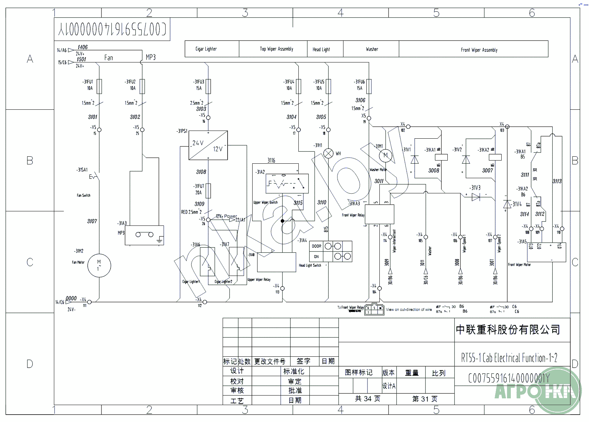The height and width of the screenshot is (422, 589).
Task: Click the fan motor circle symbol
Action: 99,265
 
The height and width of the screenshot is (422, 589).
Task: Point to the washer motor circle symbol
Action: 385,155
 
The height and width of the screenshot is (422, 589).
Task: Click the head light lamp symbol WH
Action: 328,153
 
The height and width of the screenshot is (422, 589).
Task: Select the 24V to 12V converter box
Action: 208,145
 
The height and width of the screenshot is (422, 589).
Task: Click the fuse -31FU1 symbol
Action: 99,86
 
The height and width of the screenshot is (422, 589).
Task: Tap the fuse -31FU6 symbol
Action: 369,86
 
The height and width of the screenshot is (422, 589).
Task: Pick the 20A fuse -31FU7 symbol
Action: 208,191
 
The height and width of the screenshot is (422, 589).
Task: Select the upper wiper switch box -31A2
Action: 287,183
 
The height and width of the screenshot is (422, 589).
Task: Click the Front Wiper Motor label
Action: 519,265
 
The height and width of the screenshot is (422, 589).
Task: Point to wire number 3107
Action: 92,221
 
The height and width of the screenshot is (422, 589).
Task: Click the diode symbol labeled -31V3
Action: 476,197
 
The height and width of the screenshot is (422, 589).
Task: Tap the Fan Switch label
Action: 83,195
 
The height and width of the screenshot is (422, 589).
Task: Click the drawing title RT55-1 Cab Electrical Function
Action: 509,358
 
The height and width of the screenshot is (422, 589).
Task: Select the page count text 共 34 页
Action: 367,399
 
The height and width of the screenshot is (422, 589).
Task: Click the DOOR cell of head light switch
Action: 316,246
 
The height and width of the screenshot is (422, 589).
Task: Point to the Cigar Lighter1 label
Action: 191,282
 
